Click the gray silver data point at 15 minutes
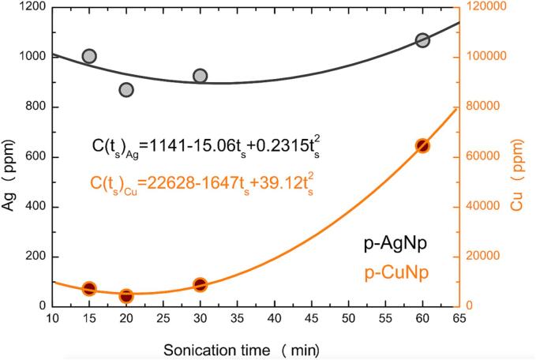(x=89, y=56)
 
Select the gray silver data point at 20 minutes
(x=126, y=90)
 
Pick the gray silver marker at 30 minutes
(x=201, y=76)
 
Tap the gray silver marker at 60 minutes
(x=423, y=40)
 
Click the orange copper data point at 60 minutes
(x=423, y=145)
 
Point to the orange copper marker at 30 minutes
(x=201, y=285)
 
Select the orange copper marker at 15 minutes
(x=89, y=289)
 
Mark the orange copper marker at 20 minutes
(x=126, y=296)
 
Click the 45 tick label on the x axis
(x=312, y=319)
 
